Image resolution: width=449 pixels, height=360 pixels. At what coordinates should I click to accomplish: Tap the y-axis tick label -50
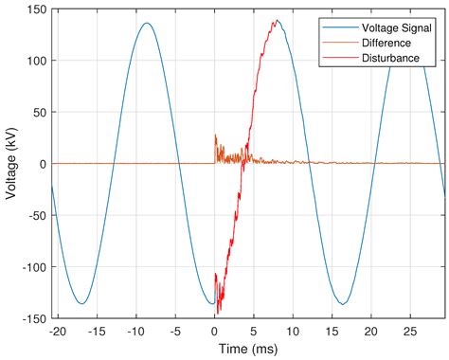click(x=33, y=215)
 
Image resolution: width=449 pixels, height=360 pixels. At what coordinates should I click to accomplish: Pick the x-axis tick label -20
click(x=59, y=332)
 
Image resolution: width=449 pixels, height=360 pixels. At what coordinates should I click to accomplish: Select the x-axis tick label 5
click(x=253, y=332)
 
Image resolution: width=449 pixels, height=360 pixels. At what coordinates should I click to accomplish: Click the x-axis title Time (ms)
click(x=245, y=349)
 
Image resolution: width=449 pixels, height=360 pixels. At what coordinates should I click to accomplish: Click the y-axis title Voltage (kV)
click(x=11, y=164)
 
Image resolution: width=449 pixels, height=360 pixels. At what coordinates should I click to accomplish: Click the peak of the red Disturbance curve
click(x=276, y=21)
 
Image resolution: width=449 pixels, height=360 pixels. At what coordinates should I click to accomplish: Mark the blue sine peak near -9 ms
click(x=147, y=24)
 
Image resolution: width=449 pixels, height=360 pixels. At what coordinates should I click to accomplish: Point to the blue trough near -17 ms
click(x=82, y=303)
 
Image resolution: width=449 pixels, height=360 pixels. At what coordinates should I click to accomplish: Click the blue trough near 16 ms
click(x=343, y=303)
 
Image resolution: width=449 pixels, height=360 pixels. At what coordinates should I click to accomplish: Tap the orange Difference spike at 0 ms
click(x=215, y=135)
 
